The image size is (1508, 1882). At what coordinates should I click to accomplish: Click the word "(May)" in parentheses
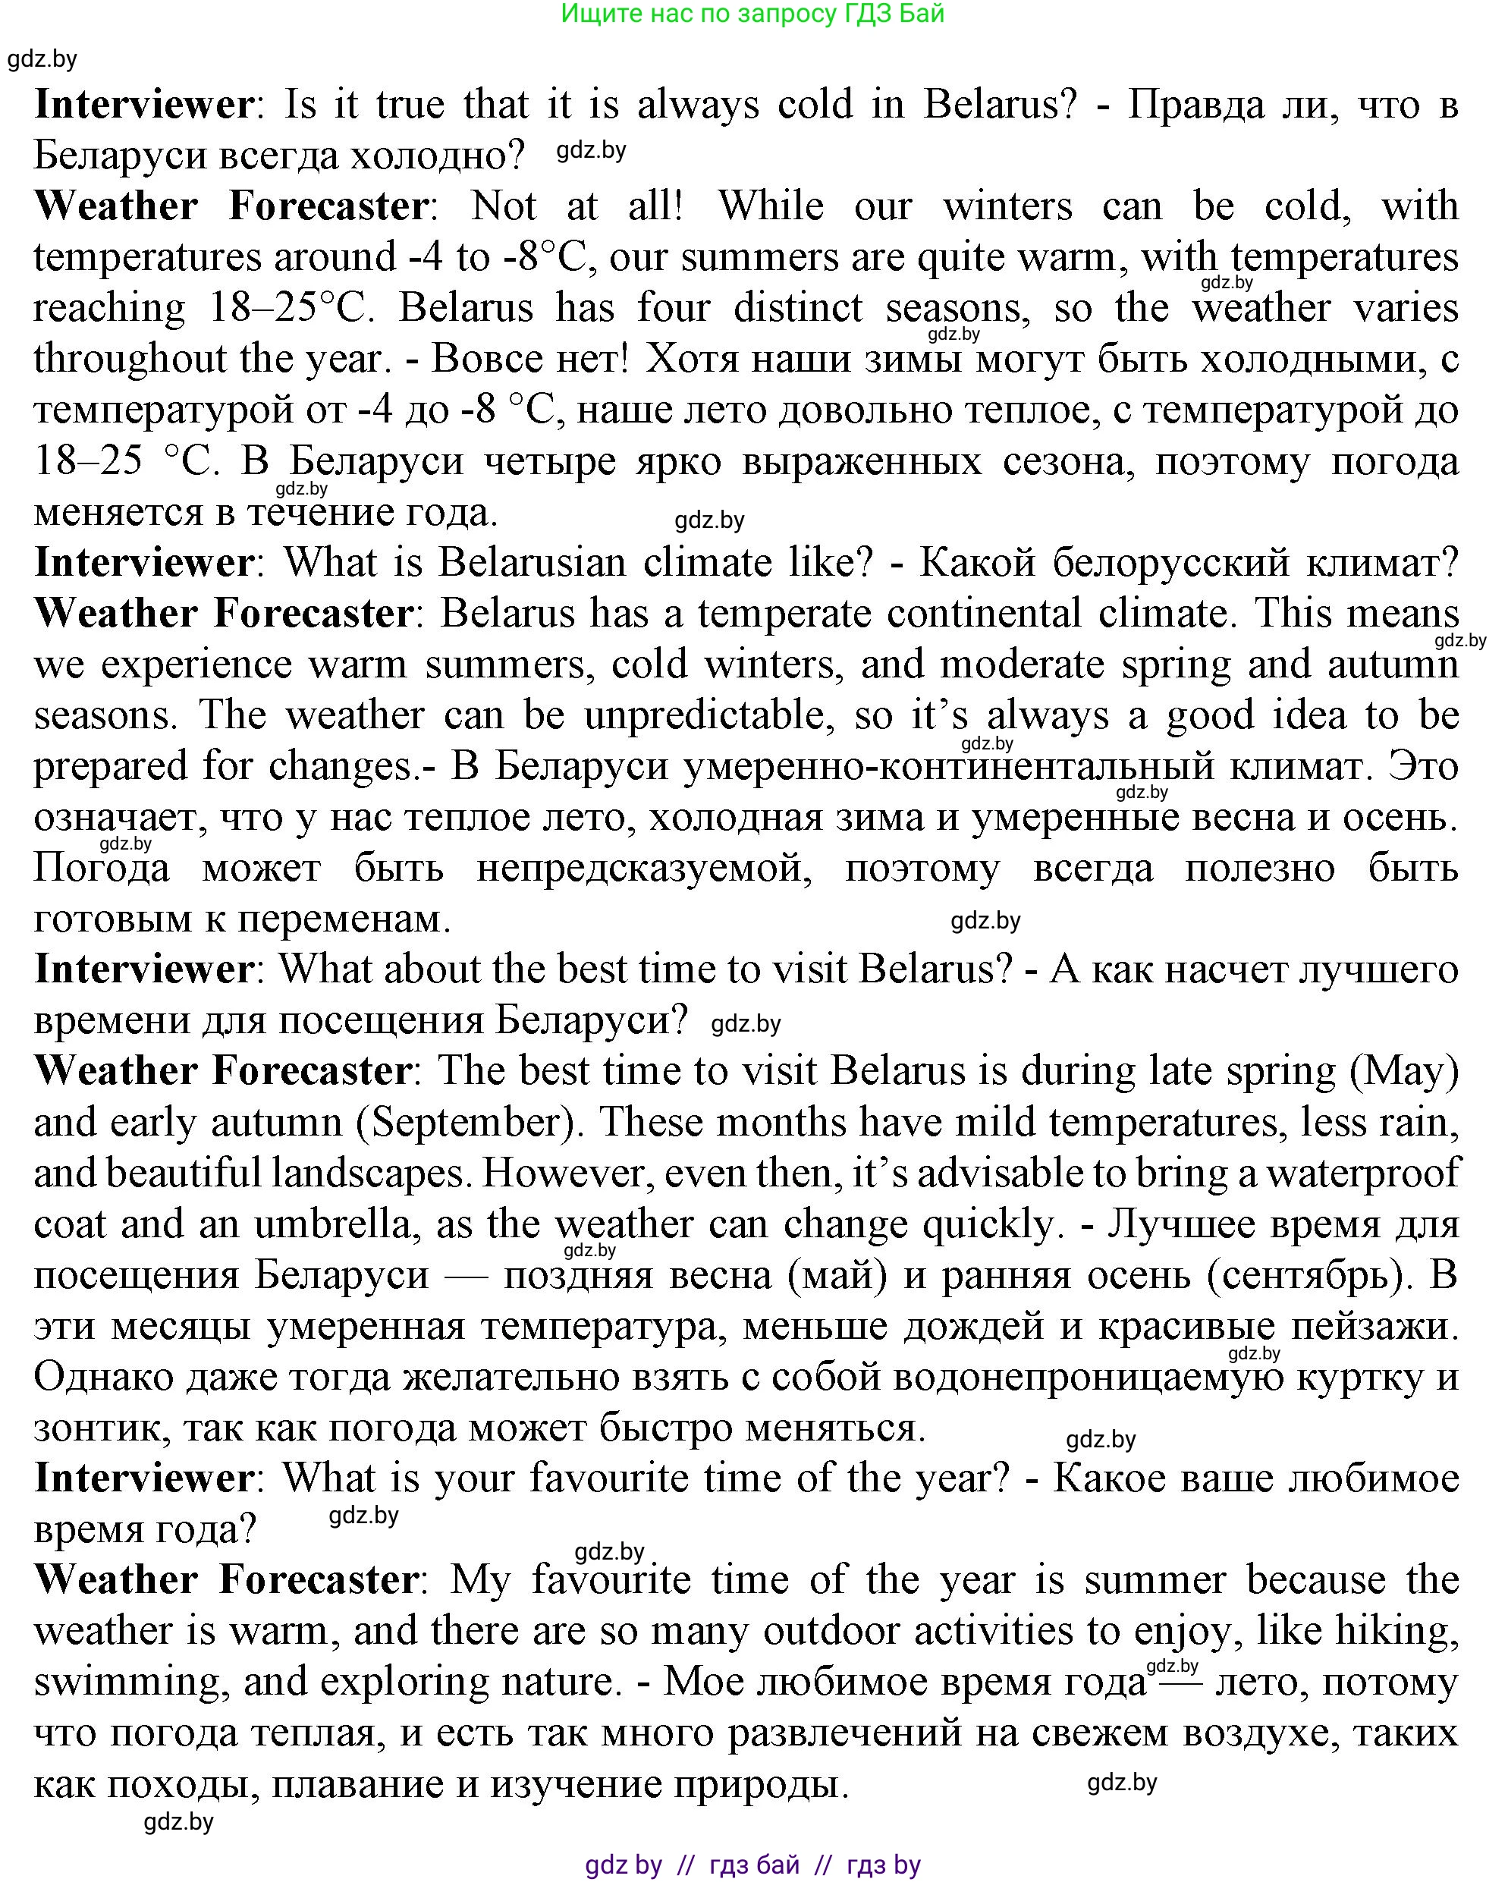(1404, 1071)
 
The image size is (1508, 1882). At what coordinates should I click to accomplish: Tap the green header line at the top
(752, 13)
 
